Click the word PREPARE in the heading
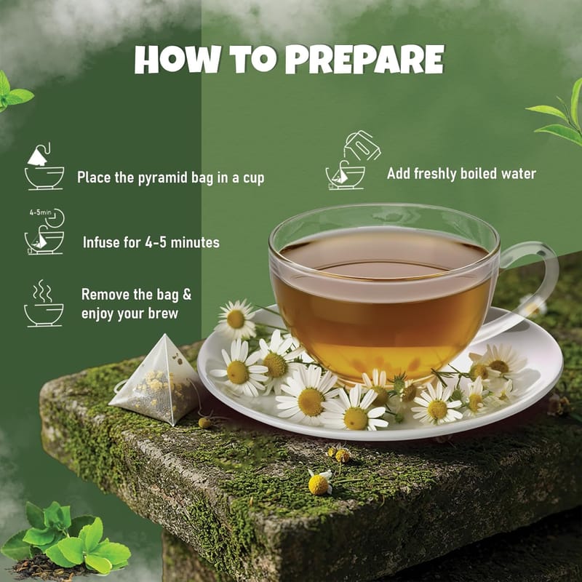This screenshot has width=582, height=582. click(x=364, y=60)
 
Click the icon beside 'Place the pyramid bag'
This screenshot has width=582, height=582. click(x=44, y=167)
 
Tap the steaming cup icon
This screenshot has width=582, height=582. click(x=44, y=303)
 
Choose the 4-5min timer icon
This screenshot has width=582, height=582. click(x=44, y=231)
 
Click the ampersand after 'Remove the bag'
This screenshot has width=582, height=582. click(x=187, y=295)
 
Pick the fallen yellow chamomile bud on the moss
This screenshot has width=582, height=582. click(x=319, y=483)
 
